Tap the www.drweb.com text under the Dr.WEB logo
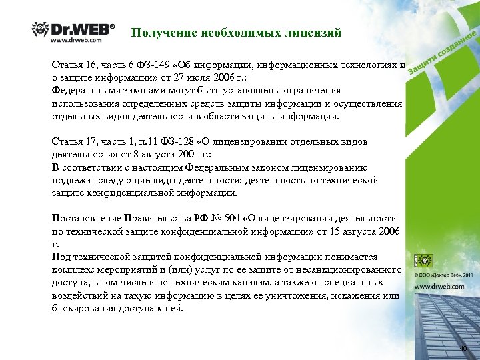tap(76, 39)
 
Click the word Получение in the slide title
tap(158, 32)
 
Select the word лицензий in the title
tap(314, 32)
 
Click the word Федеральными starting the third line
tap(86, 91)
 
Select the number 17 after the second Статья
tap(91, 142)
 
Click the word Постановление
tap(86, 218)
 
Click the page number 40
tap(463, 349)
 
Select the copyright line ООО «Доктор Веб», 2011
tap(445, 274)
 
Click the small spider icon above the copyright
tap(423, 259)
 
